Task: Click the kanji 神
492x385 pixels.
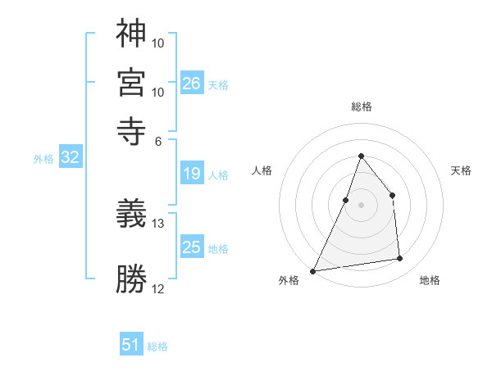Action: pyautogui.click(x=131, y=34)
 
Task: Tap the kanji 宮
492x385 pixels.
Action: pyautogui.click(x=131, y=82)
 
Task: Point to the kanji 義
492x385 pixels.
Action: pyautogui.click(x=131, y=215)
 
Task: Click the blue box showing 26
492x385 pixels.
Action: pyautogui.click(x=192, y=83)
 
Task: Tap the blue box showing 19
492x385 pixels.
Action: pyautogui.click(x=192, y=174)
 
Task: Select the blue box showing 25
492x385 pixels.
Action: pyautogui.click(x=192, y=247)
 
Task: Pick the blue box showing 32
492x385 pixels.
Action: pyautogui.click(x=70, y=158)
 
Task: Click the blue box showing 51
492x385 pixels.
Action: pyautogui.click(x=131, y=345)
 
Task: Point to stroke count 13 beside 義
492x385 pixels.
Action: pyautogui.click(x=158, y=223)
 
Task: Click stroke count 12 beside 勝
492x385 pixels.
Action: pyautogui.click(x=158, y=288)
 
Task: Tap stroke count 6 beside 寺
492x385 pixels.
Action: pyautogui.click(x=158, y=141)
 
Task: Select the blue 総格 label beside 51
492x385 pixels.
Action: pyautogui.click(x=157, y=346)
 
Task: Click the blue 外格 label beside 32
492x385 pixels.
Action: pyautogui.click(x=43, y=159)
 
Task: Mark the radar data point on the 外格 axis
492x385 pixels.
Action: pyautogui.click(x=312, y=271)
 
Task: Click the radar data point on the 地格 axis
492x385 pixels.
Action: pyautogui.click(x=400, y=259)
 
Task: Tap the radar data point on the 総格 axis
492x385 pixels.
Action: pyautogui.click(x=361, y=156)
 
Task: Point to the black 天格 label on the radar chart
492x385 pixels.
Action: pyautogui.click(x=461, y=170)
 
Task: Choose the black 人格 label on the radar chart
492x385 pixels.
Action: pyautogui.click(x=262, y=170)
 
